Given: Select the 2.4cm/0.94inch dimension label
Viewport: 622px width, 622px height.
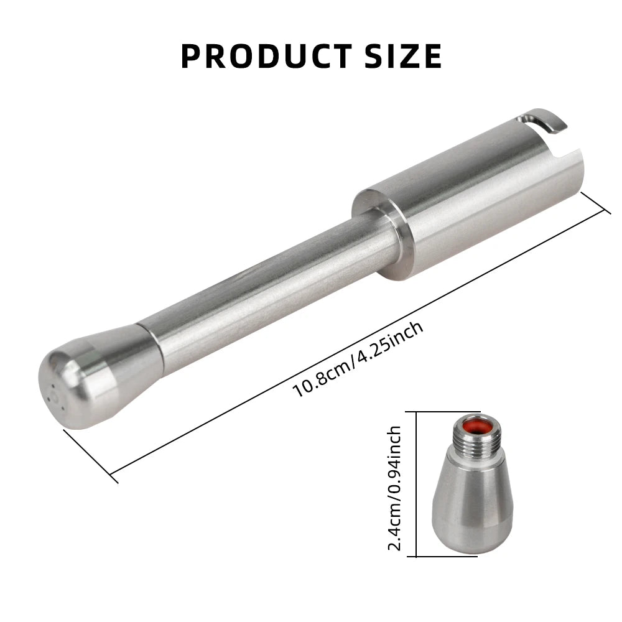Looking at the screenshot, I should pos(394,488).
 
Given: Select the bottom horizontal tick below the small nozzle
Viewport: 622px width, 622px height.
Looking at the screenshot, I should pos(448,556).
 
